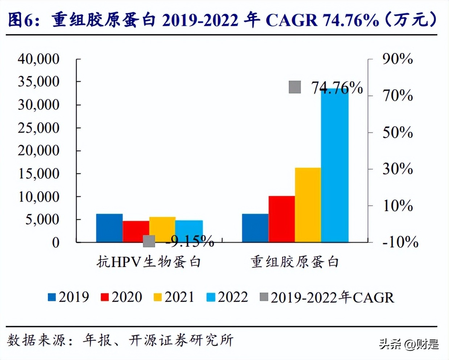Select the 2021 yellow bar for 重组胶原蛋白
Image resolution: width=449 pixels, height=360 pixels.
point(308,205)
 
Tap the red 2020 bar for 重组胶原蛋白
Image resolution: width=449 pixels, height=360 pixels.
point(281,219)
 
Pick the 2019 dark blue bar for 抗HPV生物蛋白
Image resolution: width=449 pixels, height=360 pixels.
point(109,228)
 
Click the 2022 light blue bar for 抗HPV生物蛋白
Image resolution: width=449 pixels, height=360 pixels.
point(189,231)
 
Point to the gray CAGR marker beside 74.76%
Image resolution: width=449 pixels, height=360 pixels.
point(295,87)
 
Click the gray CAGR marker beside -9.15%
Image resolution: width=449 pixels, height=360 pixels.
point(149,241)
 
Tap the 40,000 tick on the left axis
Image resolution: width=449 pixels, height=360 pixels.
point(38,59)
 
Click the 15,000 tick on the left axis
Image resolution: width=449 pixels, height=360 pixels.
point(38,173)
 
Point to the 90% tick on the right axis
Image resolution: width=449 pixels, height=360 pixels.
point(397,59)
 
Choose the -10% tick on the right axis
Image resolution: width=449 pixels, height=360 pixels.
point(400,242)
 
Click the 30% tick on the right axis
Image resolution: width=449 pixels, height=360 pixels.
point(397,169)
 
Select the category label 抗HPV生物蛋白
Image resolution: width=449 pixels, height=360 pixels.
point(149,262)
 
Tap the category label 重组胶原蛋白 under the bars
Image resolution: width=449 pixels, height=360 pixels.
point(295,262)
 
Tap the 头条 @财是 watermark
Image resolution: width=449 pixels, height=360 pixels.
point(409,344)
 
